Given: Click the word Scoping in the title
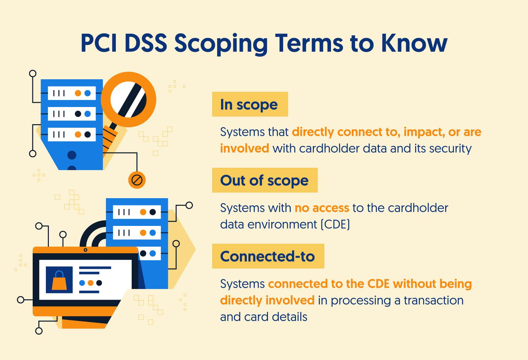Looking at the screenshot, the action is point(221,44).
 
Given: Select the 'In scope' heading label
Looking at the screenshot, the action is point(250,104).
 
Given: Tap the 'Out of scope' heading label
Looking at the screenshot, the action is point(265,180).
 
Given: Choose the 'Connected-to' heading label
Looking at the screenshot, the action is point(268,256).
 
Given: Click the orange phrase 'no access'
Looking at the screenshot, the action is point(322,208).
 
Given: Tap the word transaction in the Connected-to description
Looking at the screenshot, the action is point(434,300).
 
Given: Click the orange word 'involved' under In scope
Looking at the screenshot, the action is point(245,148).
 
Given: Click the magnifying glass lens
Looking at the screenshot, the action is point(128,99).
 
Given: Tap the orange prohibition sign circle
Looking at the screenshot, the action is point(137,180).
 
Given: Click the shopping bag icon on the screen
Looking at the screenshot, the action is point(59,280).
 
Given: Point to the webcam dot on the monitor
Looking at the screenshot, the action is point(85,250).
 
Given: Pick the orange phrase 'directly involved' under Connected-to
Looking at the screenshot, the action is point(267,300).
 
